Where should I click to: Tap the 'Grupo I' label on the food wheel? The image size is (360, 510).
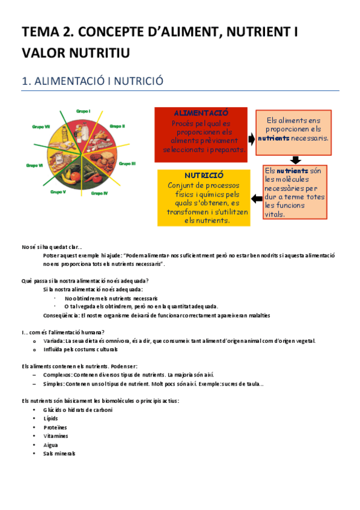click(83, 111)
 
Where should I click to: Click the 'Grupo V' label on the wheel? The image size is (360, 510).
click(58, 192)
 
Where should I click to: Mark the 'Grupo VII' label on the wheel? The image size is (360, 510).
click(41, 126)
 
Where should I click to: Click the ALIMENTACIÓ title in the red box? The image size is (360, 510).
click(200, 113)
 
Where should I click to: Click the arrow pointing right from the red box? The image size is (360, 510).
click(251, 139)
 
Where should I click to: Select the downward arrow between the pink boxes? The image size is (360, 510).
click(294, 159)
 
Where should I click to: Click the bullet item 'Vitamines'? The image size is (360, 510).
click(56, 436)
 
